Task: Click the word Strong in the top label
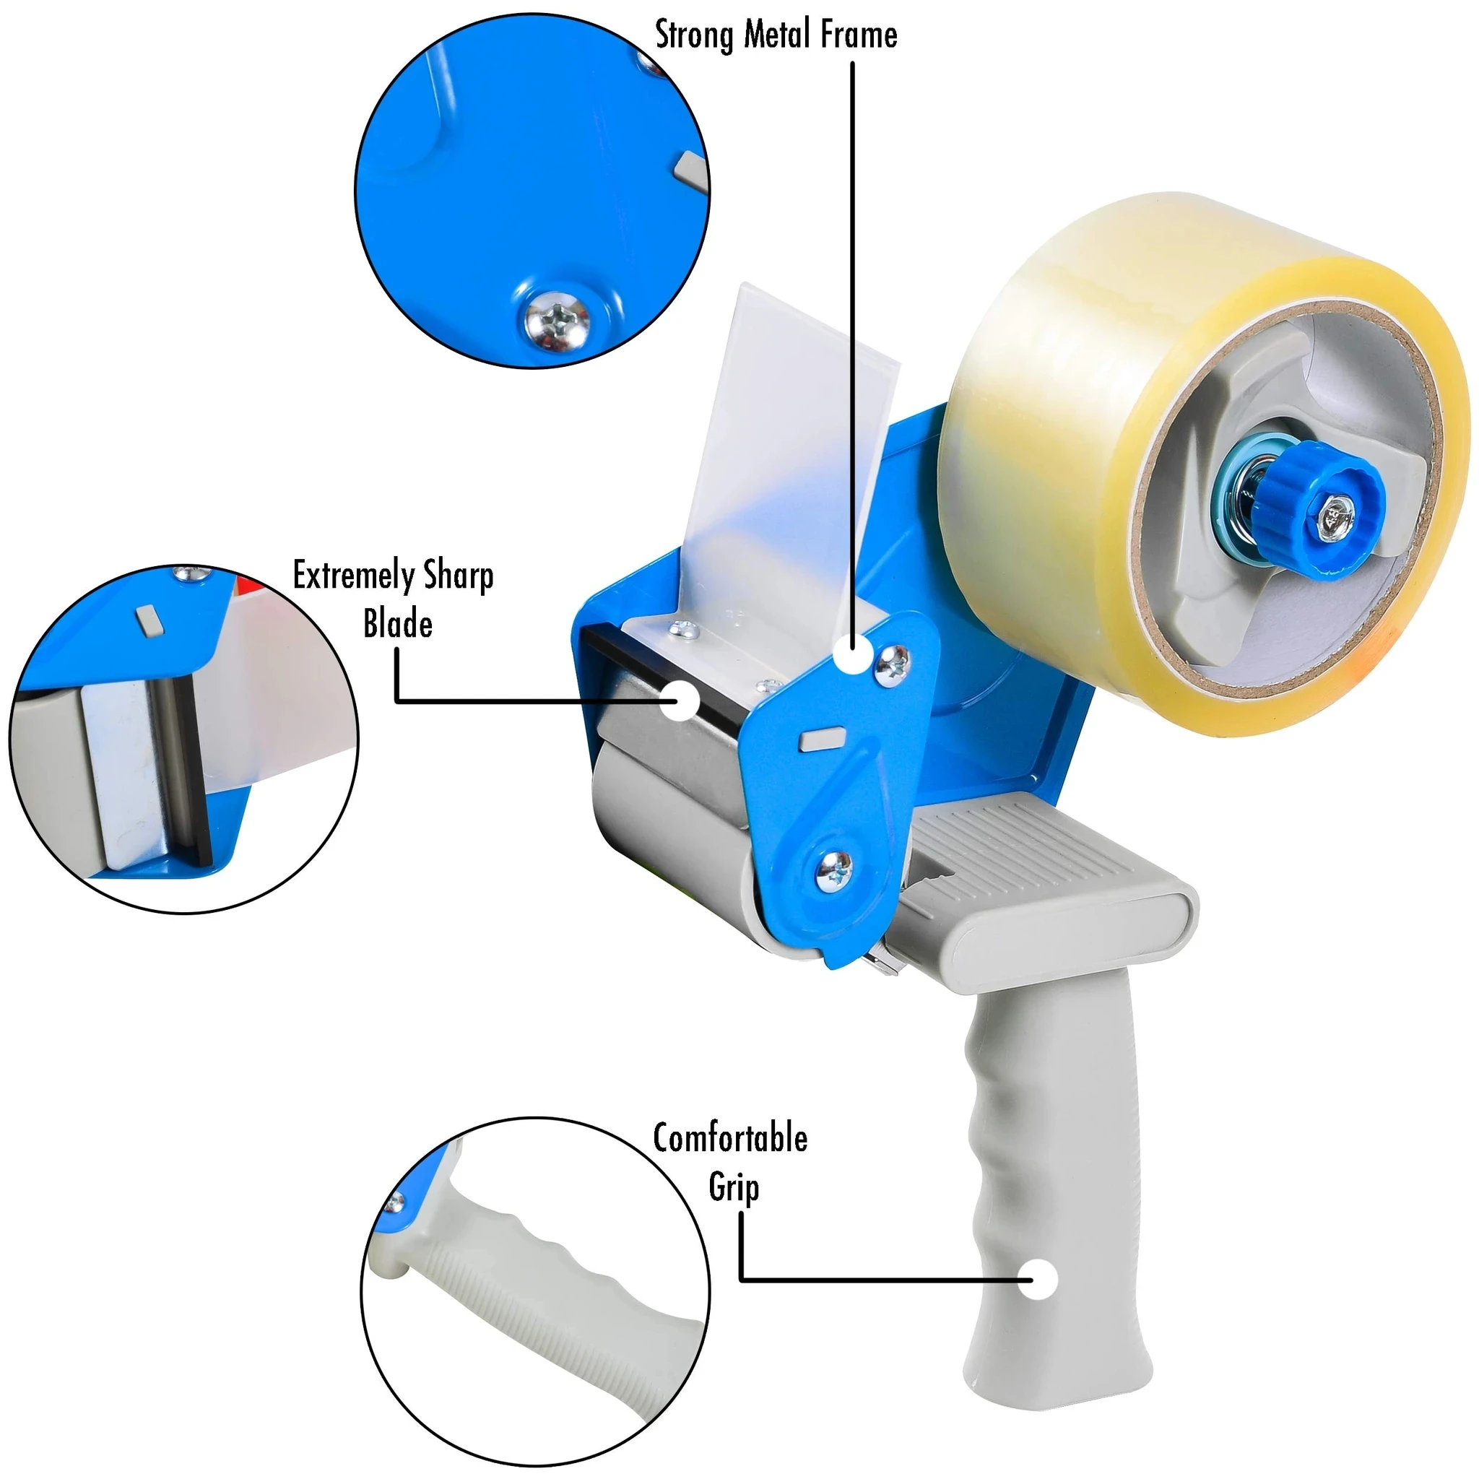tap(695, 35)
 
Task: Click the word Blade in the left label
tap(397, 625)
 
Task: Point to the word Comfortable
tap(729, 1138)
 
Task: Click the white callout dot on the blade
tap(680, 701)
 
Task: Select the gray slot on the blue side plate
tap(820, 738)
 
